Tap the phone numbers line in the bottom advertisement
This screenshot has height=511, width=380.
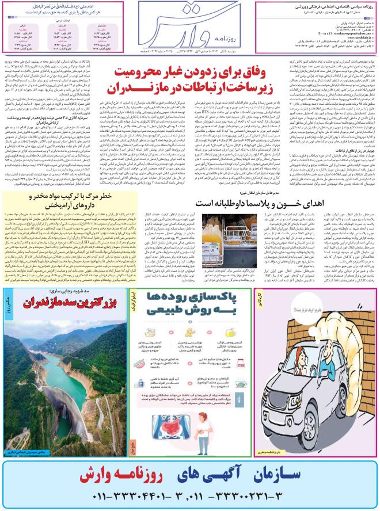click(190, 497)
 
